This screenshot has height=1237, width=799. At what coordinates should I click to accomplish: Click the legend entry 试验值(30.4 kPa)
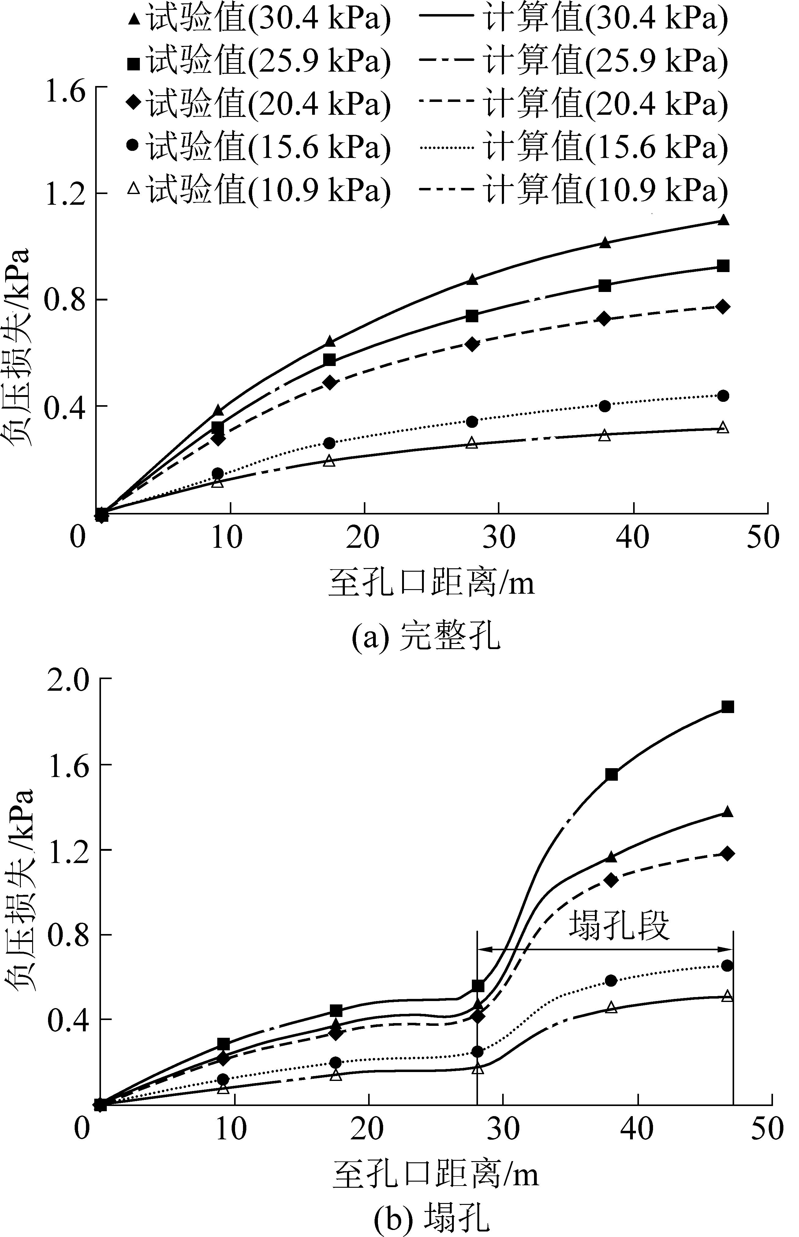259,19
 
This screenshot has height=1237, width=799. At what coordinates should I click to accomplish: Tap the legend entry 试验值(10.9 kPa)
259,190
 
